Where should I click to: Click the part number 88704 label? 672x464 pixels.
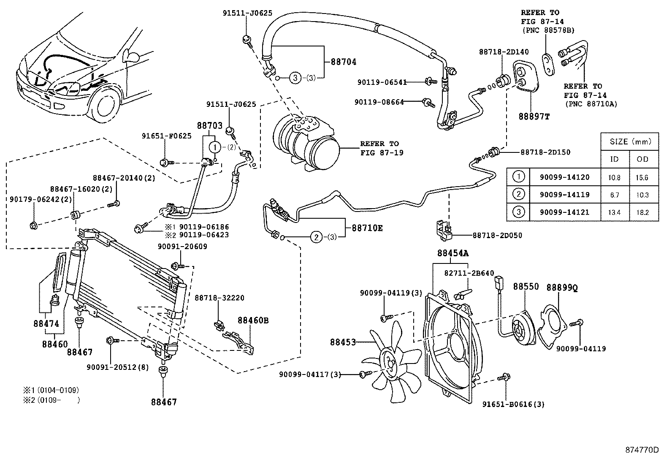(343, 62)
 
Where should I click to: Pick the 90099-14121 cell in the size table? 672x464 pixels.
(564, 212)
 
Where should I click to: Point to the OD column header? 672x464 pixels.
(642, 159)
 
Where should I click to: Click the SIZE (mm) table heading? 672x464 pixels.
(630, 141)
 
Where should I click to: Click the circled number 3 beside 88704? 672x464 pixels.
(295, 78)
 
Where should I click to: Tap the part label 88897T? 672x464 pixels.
(534, 116)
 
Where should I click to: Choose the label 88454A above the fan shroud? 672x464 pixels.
(453, 253)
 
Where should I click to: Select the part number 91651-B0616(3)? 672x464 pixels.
(513, 404)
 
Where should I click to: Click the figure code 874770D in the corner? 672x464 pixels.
(642, 450)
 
